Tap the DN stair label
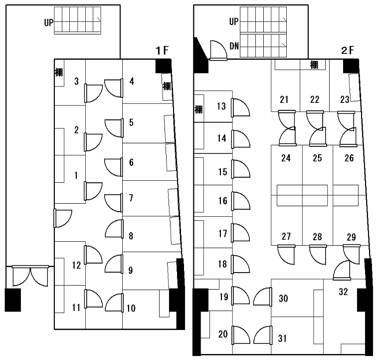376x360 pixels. click(234, 46)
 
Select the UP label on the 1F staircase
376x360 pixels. click(48, 22)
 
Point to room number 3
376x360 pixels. click(76, 81)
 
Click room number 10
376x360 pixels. click(131, 308)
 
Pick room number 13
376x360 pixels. click(221, 106)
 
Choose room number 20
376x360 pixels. click(222, 334)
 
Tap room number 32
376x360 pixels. click(343, 292)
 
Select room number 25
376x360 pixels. click(317, 158)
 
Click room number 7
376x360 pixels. click(131, 198)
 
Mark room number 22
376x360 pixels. click(314, 100)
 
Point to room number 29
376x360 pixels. click(351, 237)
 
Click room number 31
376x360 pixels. click(282, 338)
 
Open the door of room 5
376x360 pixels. click(114, 127)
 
